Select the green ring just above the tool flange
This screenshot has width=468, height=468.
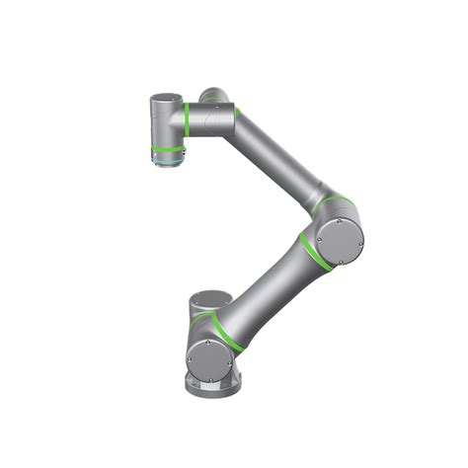[x=166, y=145]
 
